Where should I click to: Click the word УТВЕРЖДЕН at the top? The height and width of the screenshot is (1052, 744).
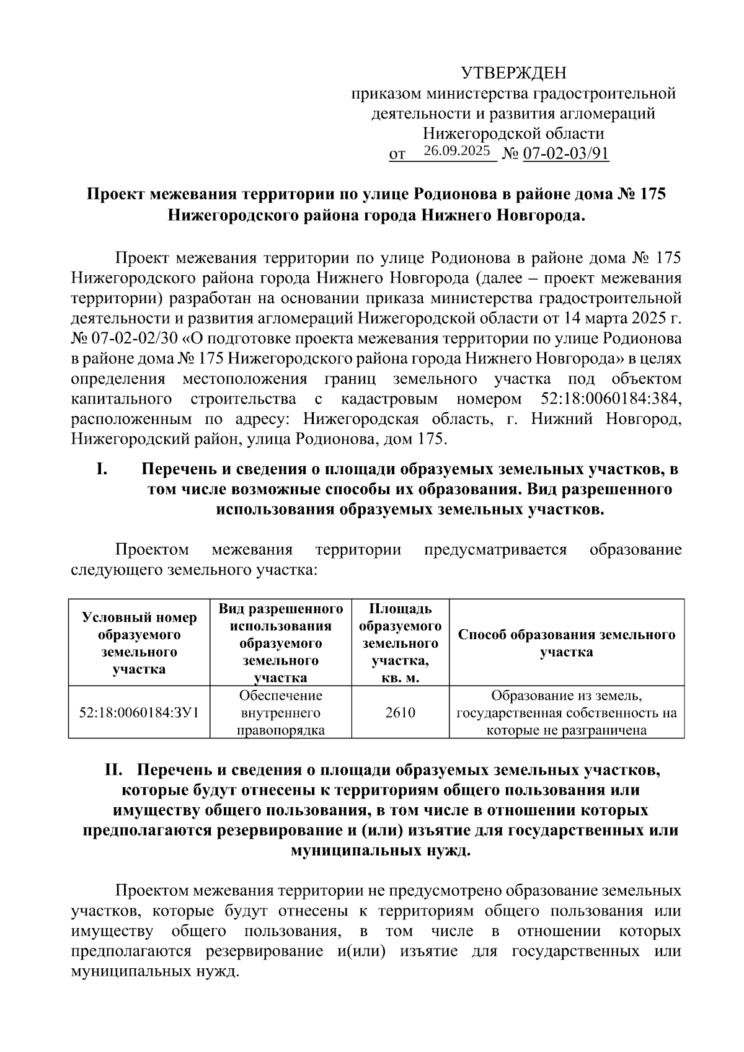513,74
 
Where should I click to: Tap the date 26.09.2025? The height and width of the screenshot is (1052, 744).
457,151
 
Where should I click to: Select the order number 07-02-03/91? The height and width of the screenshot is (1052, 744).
566,153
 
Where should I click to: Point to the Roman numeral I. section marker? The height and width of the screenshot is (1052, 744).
102,469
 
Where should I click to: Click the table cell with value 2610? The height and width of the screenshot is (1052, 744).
400,712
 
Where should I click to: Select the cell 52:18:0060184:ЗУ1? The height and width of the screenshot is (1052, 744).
139,712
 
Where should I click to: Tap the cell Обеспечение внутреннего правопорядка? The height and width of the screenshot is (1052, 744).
281,712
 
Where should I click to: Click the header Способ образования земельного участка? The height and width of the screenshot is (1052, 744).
566,643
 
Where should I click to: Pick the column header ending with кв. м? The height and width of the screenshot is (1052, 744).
400,643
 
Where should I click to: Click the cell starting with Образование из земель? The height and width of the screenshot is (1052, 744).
566,712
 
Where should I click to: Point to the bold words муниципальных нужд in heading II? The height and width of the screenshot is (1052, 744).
381,850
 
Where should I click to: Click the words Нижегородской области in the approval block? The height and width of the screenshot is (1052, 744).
513,133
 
